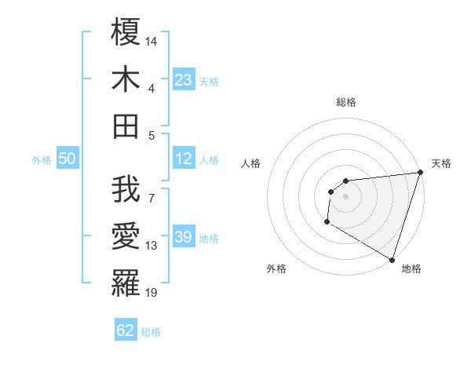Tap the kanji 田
point(126,126)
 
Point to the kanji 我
point(126,190)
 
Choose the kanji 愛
point(126,236)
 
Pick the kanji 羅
point(126,283)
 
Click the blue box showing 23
point(183,79)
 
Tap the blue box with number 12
point(183,159)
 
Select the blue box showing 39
point(183,237)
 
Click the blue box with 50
point(68,159)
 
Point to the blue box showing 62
point(126,331)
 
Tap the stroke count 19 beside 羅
point(152,293)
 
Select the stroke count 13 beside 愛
point(152,246)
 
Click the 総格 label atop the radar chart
point(345,102)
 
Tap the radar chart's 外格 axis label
point(276,269)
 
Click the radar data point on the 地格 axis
point(392,260)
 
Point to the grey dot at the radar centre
point(345,196)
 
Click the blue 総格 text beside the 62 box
point(151,332)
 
